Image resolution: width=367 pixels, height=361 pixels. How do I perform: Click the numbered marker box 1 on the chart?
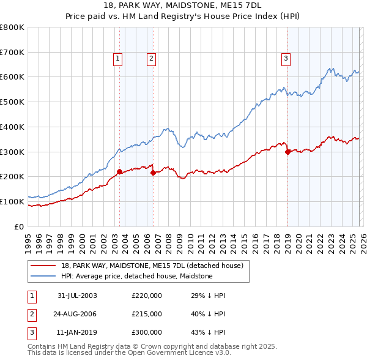click(x=117, y=59)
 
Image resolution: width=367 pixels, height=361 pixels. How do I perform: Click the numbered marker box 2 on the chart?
click(x=151, y=59)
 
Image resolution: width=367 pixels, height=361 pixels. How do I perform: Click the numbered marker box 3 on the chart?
click(x=286, y=59)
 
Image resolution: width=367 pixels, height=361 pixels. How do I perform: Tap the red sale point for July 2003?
click(x=120, y=171)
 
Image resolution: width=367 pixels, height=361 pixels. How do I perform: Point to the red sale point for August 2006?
click(x=153, y=173)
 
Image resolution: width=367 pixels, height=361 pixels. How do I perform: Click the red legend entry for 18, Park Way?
click(x=152, y=266)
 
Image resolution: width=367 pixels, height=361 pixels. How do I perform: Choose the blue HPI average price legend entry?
click(x=136, y=276)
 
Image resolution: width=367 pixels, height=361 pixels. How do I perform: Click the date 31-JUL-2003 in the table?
click(x=77, y=296)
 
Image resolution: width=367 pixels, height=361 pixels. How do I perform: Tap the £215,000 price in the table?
click(x=147, y=314)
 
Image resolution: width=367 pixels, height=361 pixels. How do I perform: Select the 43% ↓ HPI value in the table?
click(x=208, y=333)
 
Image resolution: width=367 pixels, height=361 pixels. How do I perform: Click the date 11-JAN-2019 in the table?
click(x=77, y=333)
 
